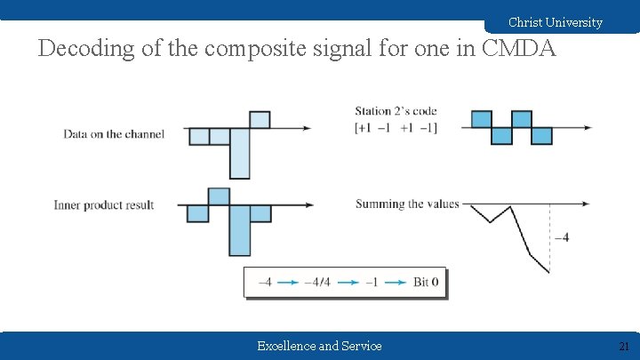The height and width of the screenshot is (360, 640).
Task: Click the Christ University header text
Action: [555, 22]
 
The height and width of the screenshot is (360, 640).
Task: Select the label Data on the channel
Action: [114, 134]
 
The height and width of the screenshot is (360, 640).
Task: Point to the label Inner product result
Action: [104, 205]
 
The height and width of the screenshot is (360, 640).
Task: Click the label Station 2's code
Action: [396, 111]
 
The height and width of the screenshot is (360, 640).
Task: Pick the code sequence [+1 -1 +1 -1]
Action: [396, 127]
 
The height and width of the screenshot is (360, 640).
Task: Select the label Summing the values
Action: [407, 204]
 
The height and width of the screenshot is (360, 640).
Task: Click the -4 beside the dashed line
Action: [562, 236]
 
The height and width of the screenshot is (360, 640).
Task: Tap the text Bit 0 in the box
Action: [426, 283]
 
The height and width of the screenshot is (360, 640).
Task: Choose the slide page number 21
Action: [623, 346]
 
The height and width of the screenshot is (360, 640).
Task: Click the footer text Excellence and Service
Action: [319, 346]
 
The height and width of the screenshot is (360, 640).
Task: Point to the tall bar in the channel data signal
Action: [240, 153]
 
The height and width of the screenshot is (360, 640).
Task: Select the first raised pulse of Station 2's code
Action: [481, 119]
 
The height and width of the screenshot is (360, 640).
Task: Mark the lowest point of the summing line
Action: [548, 272]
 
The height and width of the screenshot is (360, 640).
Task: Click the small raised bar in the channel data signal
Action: [260, 119]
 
